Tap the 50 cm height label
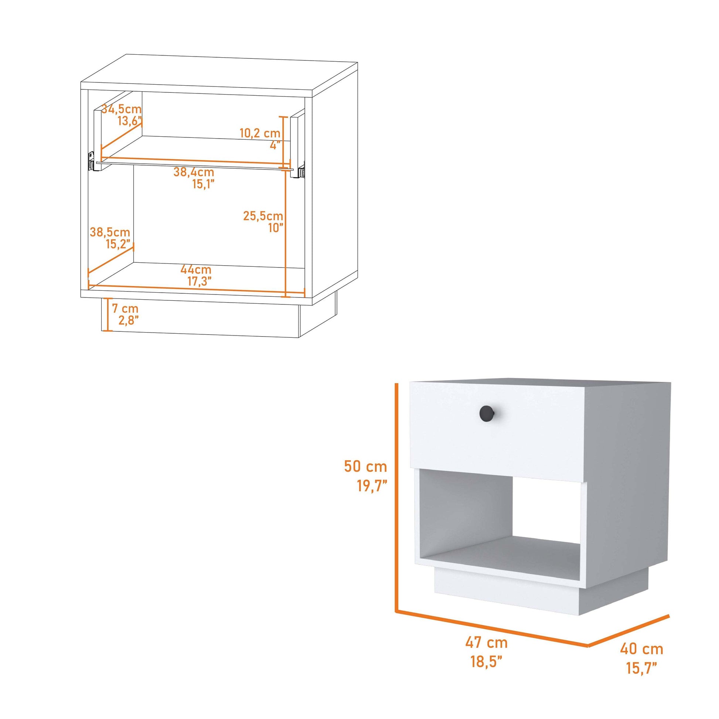(x=365, y=466)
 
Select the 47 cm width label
(x=486, y=643)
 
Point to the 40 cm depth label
(x=641, y=649)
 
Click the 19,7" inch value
(x=372, y=486)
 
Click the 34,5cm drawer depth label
(x=122, y=109)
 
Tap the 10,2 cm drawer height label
(x=260, y=133)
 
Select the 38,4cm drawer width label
(x=194, y=172)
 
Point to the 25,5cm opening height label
(x=263, y=215)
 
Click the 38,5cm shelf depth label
(x=110, y=232)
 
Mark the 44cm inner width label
(x=196, y=269)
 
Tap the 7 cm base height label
(x=125, y=308)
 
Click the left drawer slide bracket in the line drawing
(x=91, y=160)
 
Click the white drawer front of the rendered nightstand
(x=498, y=425)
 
